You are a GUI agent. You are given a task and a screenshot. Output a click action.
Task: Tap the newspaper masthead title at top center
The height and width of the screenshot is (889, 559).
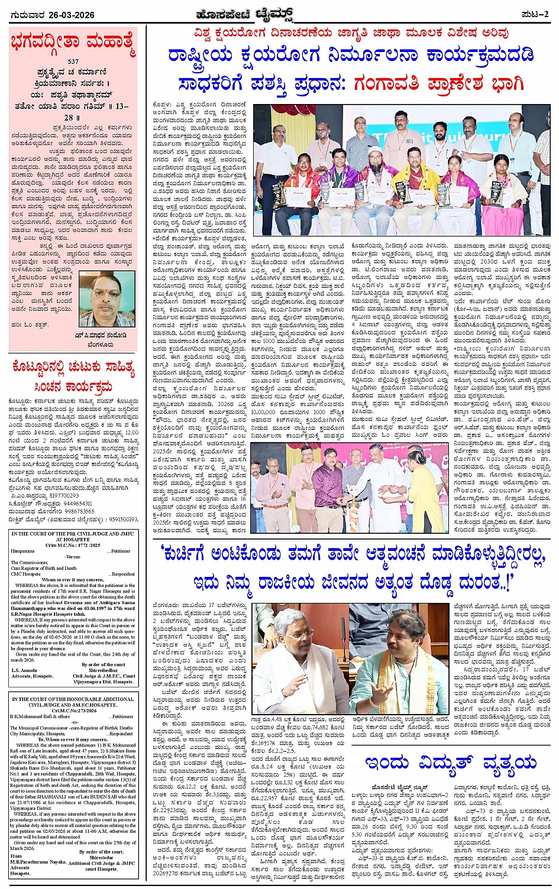click(279, 14)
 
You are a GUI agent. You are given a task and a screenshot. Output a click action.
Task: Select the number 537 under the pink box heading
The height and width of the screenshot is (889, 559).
click(73, 61)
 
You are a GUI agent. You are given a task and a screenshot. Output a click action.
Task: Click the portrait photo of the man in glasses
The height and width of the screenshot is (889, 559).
click(107, 299)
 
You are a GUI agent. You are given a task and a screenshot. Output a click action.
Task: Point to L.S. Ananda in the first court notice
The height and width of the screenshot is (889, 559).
click(25, 670)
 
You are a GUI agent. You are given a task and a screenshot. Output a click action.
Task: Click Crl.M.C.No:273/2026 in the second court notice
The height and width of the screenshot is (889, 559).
click(73, 711)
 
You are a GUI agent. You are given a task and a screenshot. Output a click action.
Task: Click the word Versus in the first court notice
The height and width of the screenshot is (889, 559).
click(73, 557)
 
